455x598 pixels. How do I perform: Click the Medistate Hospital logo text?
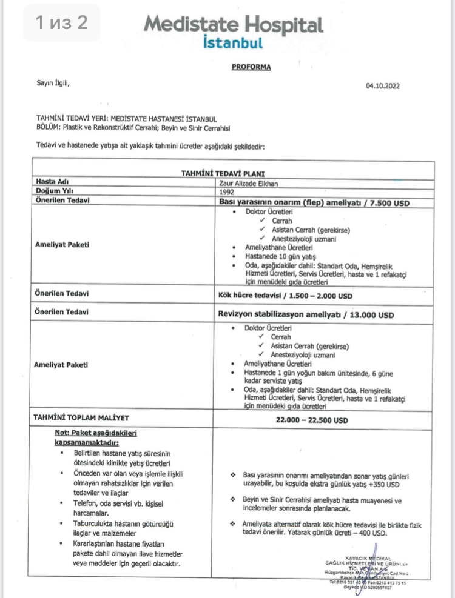point(233,25)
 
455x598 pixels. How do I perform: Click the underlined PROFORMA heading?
point(251,67)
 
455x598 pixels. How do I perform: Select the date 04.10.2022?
point(383,86)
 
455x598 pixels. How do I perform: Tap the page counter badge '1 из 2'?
point(62,23)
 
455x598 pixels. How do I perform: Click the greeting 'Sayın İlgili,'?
point(53,84)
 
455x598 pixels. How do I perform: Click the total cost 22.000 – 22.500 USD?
point(312,420)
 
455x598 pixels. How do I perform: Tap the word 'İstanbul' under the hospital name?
point(234,43)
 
